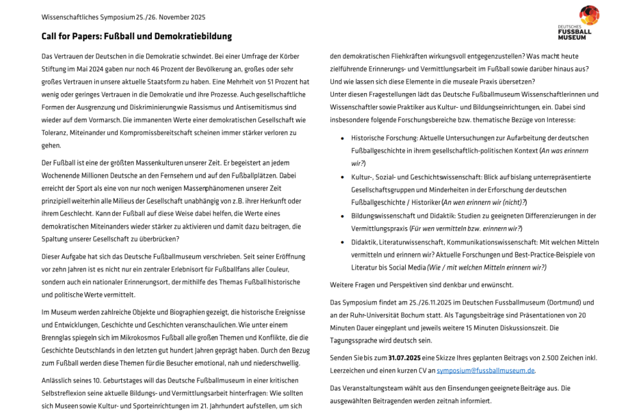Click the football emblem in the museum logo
[589, 15]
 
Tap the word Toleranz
[56, 132]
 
